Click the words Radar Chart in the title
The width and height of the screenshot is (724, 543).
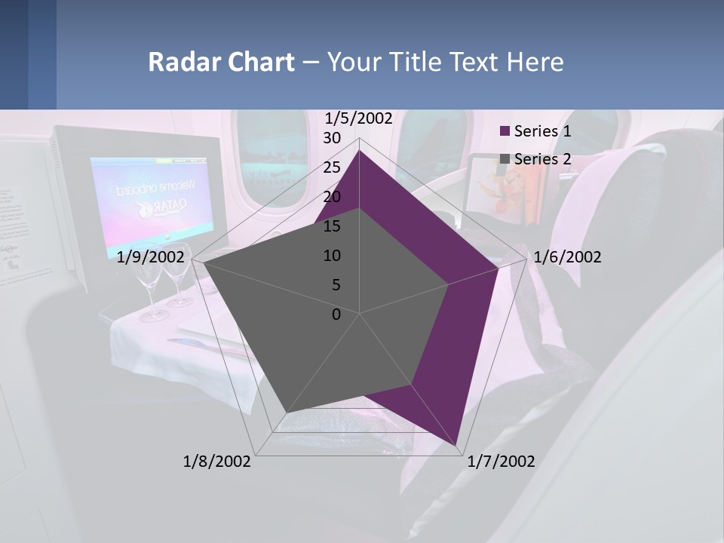(x=221, y=62)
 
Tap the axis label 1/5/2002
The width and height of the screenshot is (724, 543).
(x=358, y=118)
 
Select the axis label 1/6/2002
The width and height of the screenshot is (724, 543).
(x=567, y=257)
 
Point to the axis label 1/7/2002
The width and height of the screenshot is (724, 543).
(x=501, y=462)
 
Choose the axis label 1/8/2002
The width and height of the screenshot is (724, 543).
(x=217, y=462)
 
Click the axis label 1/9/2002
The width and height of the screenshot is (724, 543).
(x=151, y=257)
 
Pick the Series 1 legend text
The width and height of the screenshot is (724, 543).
(x=542, y=131)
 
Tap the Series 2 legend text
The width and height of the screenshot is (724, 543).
(x=542, y=159)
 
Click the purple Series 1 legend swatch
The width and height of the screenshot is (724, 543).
(x=505, y=131)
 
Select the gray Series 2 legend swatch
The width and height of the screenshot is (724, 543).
(x=505, y=159)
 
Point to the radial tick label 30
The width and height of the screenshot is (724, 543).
(x=332, y=138)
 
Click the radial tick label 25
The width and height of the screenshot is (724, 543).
(x=332, y=167)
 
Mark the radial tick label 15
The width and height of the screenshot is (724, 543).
(x=332, y=226)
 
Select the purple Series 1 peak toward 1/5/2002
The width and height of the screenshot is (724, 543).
(x=359, y=152)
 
